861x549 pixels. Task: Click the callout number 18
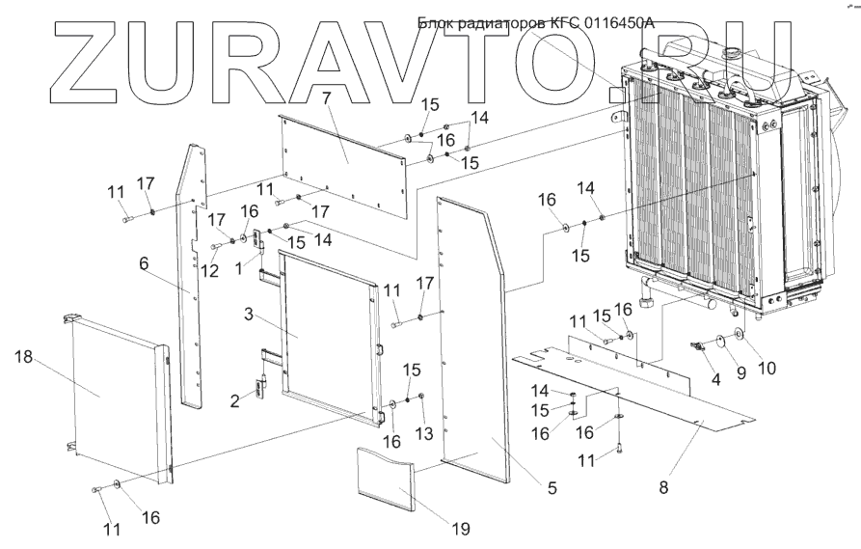(x=22, y=356)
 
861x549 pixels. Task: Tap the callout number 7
(x=326, y=97)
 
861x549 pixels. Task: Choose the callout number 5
(x=551, y=488)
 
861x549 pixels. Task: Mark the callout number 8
(x=663, y=488)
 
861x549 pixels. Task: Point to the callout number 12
(x=203, y=270)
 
